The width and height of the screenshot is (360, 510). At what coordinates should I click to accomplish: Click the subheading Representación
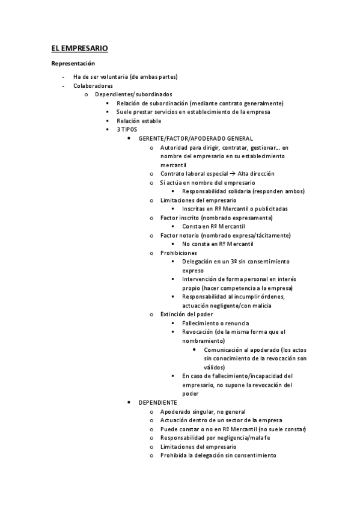pyautogui.click(x=73, y=63)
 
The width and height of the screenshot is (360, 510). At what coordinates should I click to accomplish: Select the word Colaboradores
pyautogui.click(x=93, y=85)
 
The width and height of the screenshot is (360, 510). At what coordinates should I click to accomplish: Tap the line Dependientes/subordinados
pyautogui.click(x=133, y=94)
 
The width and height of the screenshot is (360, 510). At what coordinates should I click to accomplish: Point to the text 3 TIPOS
pyautogui.click(x=127, y=129)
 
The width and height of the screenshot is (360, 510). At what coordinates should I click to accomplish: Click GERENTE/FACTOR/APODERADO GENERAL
pyautogui.click(x=195, y=138)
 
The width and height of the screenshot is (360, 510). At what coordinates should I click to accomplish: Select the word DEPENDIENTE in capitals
pyautogui.click(x=157, y=402)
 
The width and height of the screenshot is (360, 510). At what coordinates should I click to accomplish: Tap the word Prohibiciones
pyautogui.click(x=179, y=253)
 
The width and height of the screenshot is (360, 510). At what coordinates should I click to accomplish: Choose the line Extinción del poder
pyautogui.click(x=186, y=314)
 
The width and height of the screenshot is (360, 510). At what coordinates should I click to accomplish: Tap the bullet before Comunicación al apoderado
pyautogui.click(x=195, y=349)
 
